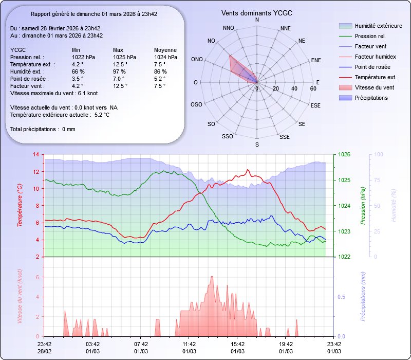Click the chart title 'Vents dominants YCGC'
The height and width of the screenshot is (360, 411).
tap(257, 12)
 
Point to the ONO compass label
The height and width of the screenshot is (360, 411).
tap(196, 60)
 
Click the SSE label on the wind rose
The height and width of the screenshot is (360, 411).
tap(284, 137)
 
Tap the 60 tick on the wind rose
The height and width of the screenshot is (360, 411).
tap(313, 88)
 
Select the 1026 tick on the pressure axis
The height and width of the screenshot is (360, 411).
tap(345, 155)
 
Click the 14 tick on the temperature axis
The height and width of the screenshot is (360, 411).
tap(35, 155)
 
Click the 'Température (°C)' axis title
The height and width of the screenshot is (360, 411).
tap(20, 205)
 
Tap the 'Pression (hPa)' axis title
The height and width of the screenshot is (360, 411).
tap(363, 205)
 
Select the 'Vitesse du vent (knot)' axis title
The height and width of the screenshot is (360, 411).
tap(20, 297)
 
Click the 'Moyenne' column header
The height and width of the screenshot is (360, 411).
tap(165, 50)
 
